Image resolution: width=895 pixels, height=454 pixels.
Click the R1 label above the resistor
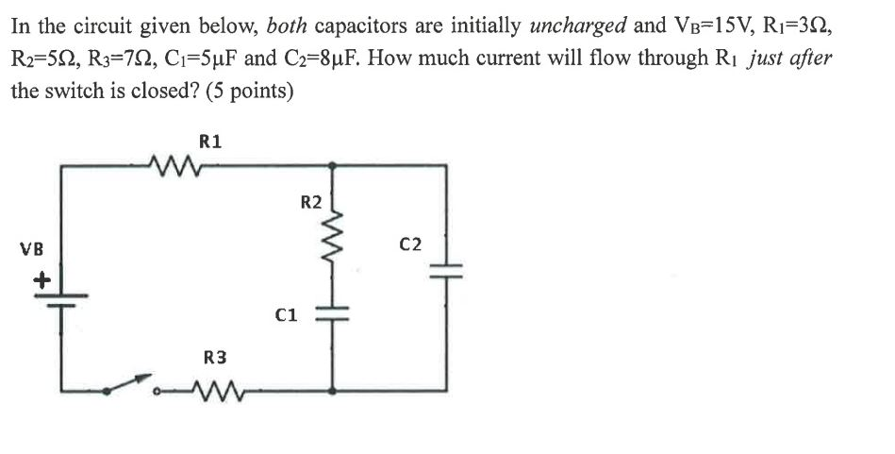click(211, 143)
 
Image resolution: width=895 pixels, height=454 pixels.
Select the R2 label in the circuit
click(310, 201)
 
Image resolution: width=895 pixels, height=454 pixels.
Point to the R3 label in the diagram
click(215, 357)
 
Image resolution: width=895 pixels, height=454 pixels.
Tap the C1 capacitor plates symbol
click(333, 314)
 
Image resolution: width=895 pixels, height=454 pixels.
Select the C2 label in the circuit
click(410, 245)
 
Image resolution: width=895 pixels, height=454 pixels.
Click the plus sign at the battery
click(41, 279)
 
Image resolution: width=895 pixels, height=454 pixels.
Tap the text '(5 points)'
click(240, 92)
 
